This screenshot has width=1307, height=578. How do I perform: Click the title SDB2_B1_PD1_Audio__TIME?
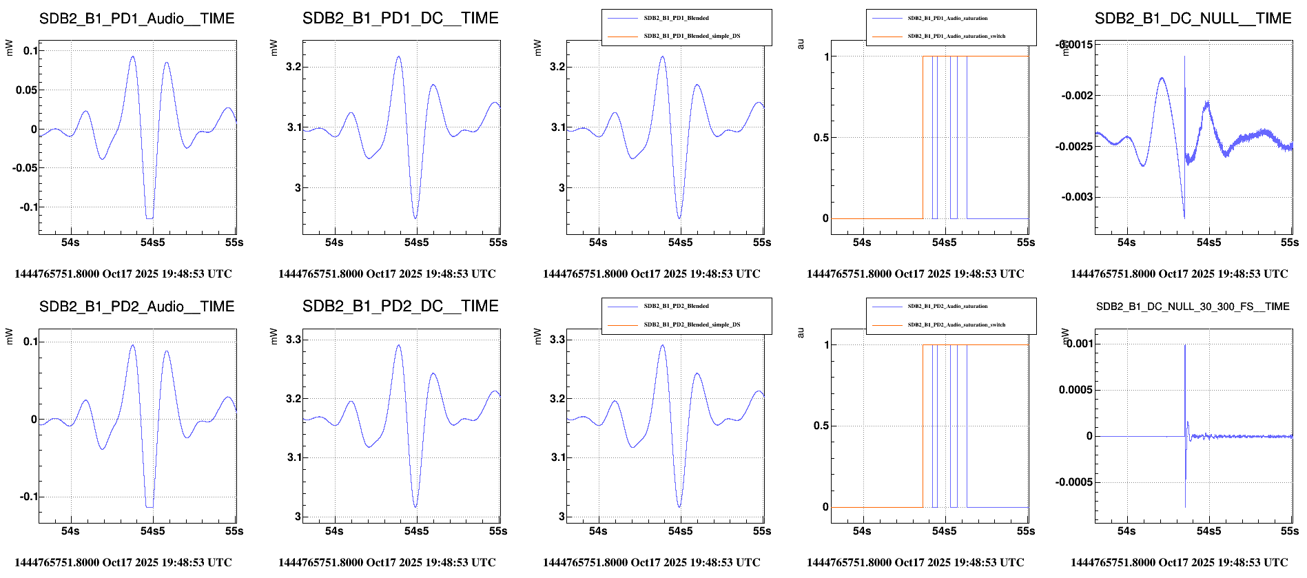pyautogui.click(x=136, y=19)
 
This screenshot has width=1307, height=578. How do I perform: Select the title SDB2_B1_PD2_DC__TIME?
pyautogui.click(x=400, y=306)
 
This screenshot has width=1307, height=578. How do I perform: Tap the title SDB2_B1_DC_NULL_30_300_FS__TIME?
pyautogui.click(x=1193, y=307)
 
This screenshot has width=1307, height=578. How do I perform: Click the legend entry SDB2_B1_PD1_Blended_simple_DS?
pyautogui.click(x=692, y=36)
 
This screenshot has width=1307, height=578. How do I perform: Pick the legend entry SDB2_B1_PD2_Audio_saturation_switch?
pyautogui.click(x=956, y=324)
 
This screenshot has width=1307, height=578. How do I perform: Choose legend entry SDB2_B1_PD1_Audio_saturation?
pyautogui.click(x=947, y=18)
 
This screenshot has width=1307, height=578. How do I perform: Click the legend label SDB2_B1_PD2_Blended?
pyautogui.click(x=676, y=306)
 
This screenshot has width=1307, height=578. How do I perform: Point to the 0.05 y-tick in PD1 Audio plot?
pyautogui.click(x=26, y=90)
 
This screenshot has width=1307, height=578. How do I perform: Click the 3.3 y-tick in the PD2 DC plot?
pyautogui.click(x=294, y=340)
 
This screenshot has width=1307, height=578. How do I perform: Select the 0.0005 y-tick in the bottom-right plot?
pyautogui.click(x=1075, y=390)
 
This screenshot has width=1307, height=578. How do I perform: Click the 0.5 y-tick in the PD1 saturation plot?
pyautogui.click(x=821, y=138)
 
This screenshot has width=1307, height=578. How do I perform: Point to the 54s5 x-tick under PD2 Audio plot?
pyautogui.click(x=152, y=531)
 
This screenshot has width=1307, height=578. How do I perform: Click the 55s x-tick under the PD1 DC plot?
pyautogui.click(x=498, y=242)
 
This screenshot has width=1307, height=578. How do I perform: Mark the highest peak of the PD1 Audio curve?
pyautogui.click(x=133, y=57)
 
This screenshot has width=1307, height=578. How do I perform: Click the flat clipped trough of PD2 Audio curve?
pyautogui.click(x=150, y=507)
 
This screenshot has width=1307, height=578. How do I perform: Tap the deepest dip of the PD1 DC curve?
pyautogui.click(x=415, y=218)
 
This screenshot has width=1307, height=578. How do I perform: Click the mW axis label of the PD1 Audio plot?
pyautogui.click(x=9, y=48)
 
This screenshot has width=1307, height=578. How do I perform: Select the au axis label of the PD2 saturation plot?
pyautogui.click(x=800, y=333)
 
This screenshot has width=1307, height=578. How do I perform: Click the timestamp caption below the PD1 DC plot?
pyautogui.click(x=387, y=273)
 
